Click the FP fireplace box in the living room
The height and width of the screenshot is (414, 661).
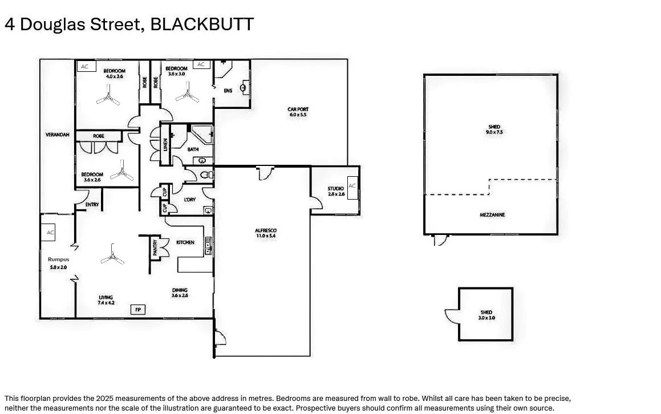[137, 310]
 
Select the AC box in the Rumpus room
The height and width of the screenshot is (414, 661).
[50, 233]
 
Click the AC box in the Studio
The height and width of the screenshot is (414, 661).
[352, 186]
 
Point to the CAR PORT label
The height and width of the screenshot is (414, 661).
[298, 109]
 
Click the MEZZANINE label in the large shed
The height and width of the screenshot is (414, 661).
[492, 215]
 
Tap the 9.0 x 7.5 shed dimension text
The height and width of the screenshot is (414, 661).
[494, 132]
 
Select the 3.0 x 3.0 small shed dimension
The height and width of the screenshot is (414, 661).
[486, 318]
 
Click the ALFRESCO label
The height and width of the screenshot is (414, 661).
[266, 230]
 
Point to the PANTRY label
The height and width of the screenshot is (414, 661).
[155, 247]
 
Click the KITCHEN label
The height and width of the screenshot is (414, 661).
[185, 242]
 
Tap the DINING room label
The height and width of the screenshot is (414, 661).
[180, 290]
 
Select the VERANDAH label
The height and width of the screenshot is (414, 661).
[58, 135]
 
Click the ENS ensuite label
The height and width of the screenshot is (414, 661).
[228, 90]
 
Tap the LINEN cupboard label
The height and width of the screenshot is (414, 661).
[165, 145]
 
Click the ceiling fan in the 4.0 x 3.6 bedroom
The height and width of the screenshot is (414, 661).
[108, 97]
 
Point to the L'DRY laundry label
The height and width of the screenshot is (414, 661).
[190, 199]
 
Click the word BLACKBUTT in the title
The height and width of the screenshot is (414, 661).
[202, 25]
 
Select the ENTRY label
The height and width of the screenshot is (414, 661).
[92, 204]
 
